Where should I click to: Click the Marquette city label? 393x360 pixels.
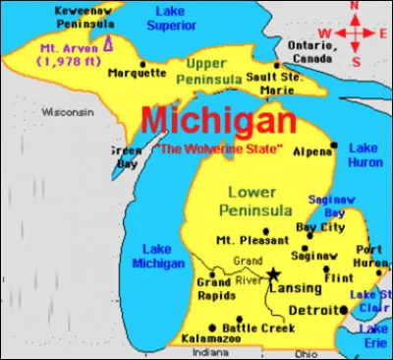pos(137,72)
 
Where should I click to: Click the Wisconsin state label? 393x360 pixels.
pos(65,112)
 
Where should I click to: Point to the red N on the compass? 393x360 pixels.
pos(360,9)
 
